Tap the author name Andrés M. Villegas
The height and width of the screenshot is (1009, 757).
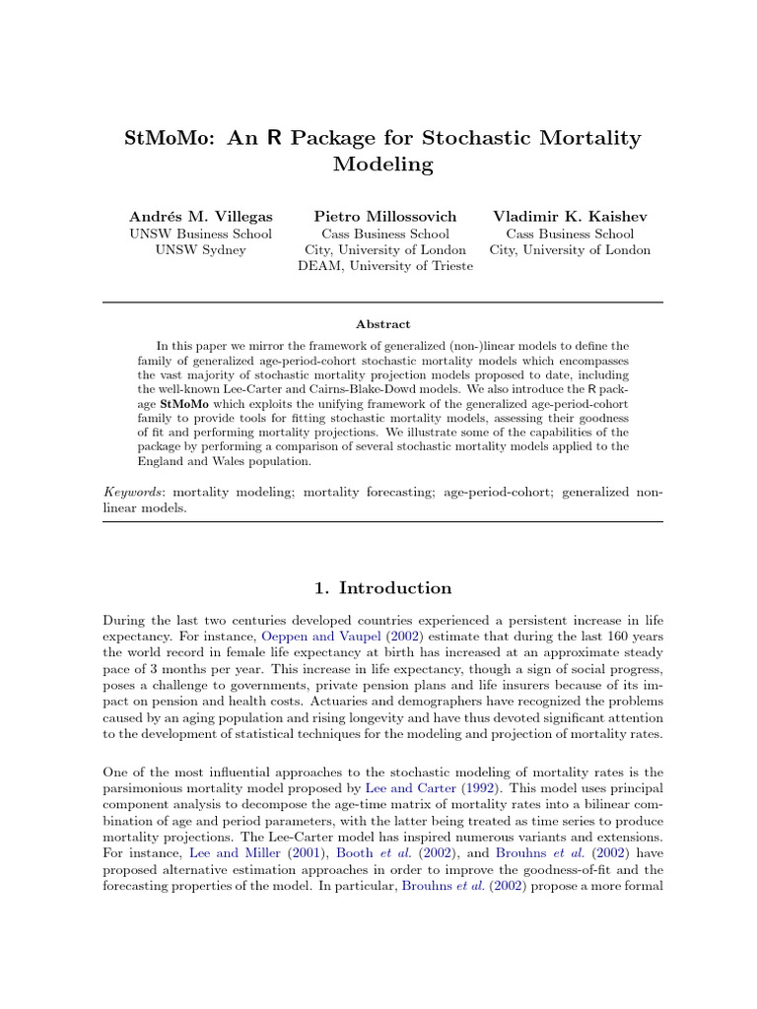(x=201, y=216)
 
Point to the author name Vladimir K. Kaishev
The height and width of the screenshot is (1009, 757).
(x=570, y=216)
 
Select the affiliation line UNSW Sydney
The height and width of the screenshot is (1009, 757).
(x=201, y=250)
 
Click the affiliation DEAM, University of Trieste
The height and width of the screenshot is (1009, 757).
(x=385, y=266)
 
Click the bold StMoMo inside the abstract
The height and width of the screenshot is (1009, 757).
(x=186, y=403)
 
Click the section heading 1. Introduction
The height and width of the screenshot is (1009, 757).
(x=382, y=588)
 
